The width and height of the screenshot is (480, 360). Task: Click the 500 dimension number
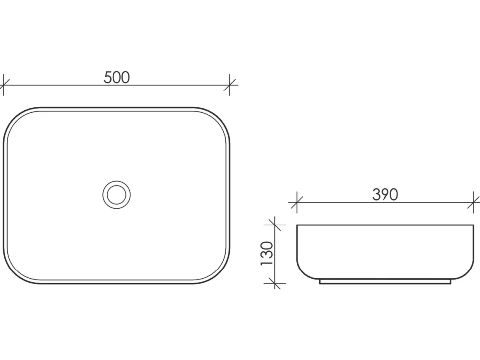(117, 77)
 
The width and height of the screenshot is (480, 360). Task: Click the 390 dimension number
(385, 194)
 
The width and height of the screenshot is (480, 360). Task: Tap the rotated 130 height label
(267, 254)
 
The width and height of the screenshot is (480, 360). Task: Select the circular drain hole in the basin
(117, 195)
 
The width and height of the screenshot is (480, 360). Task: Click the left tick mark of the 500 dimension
(3, 85)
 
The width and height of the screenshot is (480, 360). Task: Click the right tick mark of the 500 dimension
(230, 85)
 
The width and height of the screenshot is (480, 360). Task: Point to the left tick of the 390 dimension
(297, 202)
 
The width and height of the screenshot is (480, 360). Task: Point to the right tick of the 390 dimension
(473, 202)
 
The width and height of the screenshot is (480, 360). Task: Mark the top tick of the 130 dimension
(275, 225)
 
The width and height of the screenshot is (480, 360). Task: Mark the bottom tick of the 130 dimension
(275, 284)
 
